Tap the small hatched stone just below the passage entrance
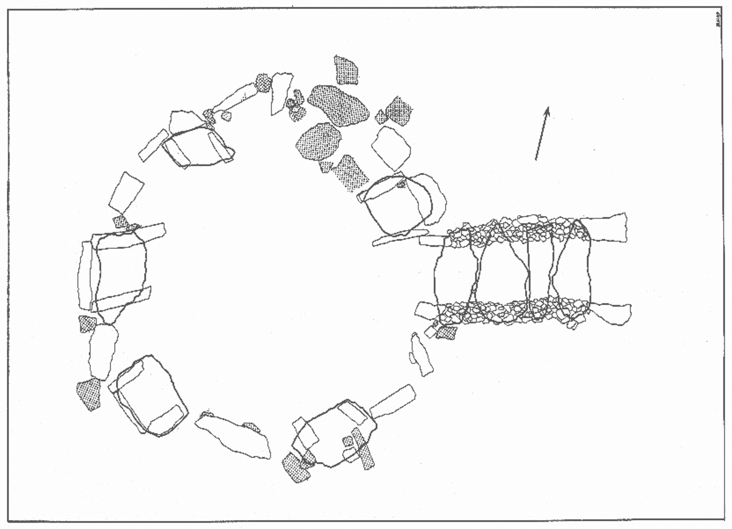[446, 332]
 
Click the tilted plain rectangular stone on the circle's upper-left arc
[126, 193]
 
